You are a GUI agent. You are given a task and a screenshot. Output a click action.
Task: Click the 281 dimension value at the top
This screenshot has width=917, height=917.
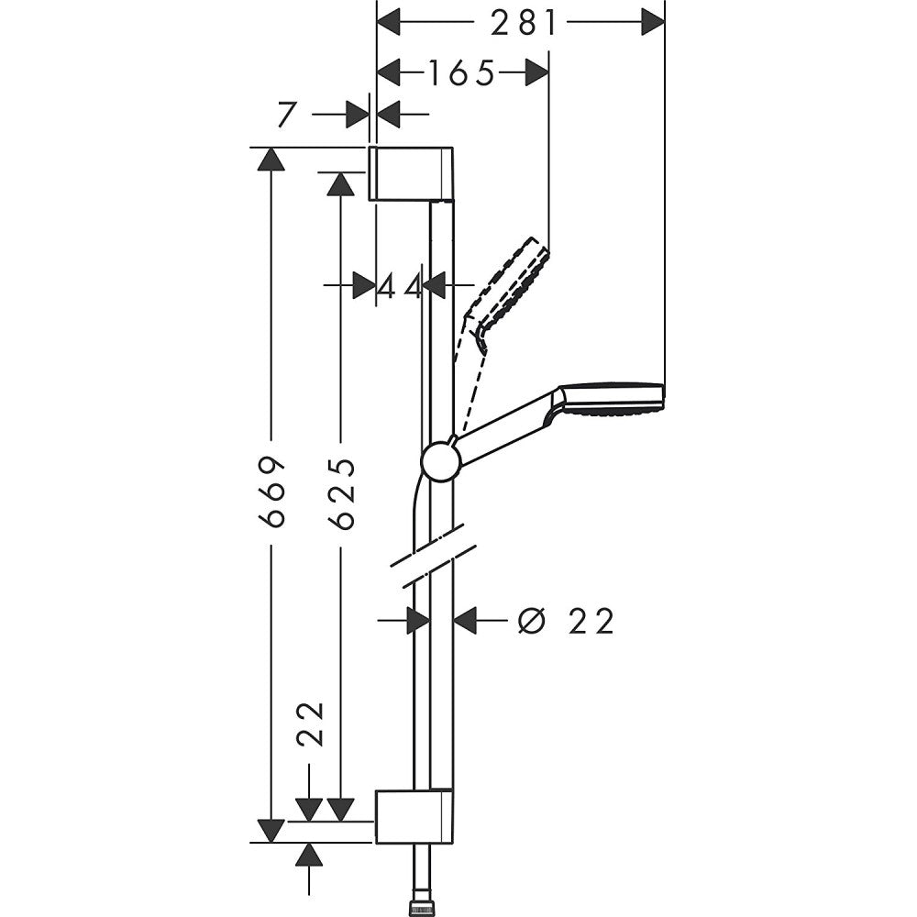click(x=523, y=22)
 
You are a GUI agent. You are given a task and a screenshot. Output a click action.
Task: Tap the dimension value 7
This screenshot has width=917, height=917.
click(x=287, y=115)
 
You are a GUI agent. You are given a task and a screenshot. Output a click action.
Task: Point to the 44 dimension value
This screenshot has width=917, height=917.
click(x=400, y=286)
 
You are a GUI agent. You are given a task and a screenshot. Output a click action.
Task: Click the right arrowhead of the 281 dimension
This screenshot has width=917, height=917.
click(x=652, y=22)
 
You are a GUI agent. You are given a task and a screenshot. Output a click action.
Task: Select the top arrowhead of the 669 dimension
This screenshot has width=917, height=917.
click(x=268, y=160)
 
